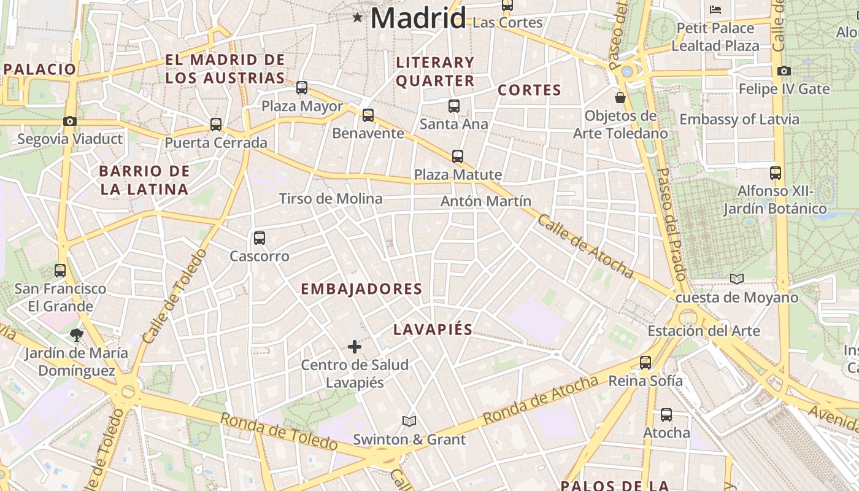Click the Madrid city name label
tap(418, 18)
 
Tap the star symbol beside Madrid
tap(358, 18)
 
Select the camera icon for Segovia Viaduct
tap(70, 121)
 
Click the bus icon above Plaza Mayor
tap(302, 88)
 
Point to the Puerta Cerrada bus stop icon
tap(216, 125)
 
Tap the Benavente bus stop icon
tap(368, 115)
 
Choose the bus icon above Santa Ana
tap(454, 106)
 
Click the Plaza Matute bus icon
tap(458, 157)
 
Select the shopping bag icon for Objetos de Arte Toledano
tap(620, 98)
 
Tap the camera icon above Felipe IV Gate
tap(784, 71)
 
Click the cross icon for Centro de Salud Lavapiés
tap(355, 347)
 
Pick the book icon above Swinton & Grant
tap(409, 421)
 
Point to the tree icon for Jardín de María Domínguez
tap(76, 334)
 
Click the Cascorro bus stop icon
tap(260, 238)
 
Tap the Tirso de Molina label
tap(331, 198)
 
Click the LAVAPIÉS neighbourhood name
tap(433, 330)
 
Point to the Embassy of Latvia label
tap(739, 119)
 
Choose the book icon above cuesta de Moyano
tap(737, 279)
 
